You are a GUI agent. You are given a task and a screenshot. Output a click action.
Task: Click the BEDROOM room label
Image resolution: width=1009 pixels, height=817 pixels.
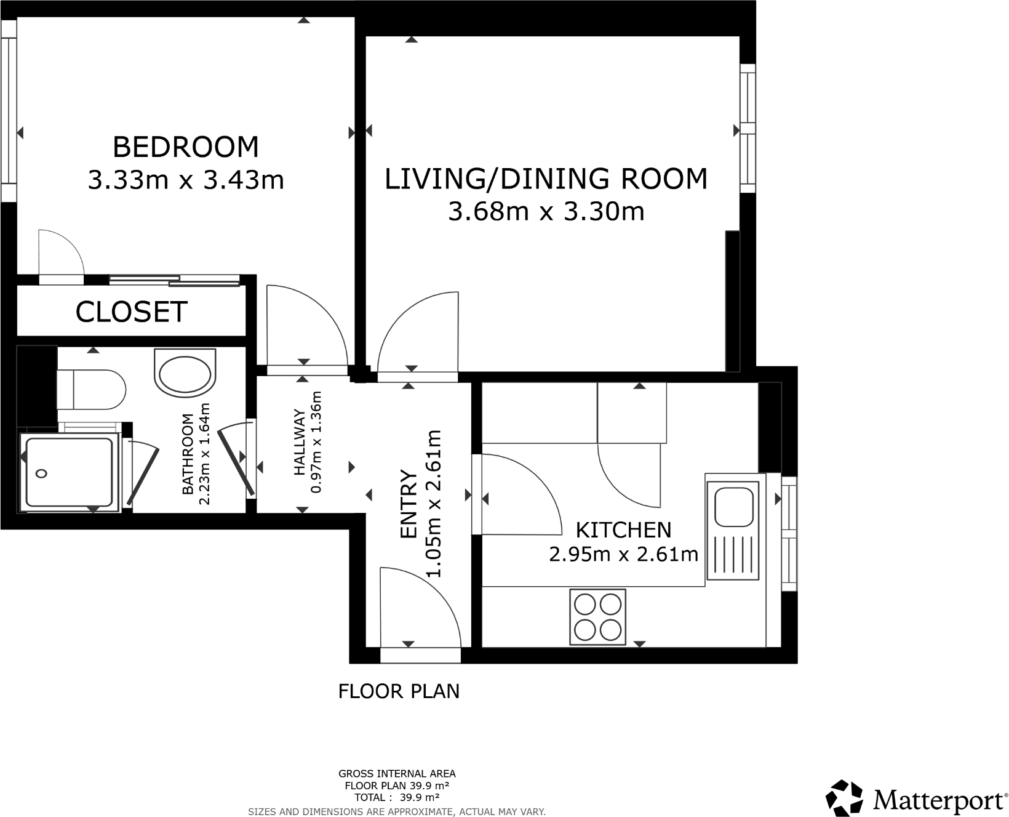pyautogui.click(x=186, y=147)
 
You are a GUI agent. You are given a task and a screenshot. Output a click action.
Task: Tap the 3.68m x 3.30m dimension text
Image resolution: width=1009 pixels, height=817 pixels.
pyautogui.click(x=546, y=212)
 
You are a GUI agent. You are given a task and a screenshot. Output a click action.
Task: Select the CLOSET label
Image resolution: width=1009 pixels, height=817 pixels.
pyautogui.click(x=131, y=312)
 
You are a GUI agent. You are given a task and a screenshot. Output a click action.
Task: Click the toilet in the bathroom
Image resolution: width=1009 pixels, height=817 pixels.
pyautogui.click(x=92, y=389)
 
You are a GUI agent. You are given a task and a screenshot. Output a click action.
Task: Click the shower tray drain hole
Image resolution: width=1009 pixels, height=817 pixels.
pyautogui.click(x=42, y=473)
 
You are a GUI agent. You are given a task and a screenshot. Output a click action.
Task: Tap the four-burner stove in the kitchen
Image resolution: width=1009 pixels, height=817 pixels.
pyautogui.click(x=597, y=617)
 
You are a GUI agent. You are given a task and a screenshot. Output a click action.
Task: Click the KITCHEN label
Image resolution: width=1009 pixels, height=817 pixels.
pyautogui.click(x=623, y=529)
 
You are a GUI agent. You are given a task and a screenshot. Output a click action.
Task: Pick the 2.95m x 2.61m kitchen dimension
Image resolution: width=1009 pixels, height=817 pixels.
pyautogui.click(x=623, y=555)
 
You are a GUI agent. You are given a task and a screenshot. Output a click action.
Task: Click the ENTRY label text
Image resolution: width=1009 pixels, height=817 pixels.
pyautogui.click(x=409, y=505)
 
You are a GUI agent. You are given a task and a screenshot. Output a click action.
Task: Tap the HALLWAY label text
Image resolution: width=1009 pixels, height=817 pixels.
pyautogui.click(x=300, y=442)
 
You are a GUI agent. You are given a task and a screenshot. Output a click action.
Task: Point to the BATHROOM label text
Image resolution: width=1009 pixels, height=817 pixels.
pyautogui.click(x=188, y=454)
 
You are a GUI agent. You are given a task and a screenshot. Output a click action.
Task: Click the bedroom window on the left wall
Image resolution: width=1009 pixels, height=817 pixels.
pyautogui.click(x=8, y=111)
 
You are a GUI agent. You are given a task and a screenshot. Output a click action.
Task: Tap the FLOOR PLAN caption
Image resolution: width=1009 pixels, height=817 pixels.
pyautogui.click(x=399, y=691)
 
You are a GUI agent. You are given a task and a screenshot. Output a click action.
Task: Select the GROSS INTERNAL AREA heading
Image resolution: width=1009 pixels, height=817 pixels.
pyautogui.click(x=397, y=774)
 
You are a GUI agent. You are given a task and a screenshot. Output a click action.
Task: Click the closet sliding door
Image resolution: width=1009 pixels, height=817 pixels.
pyautogui.click(x=174, y=281)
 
